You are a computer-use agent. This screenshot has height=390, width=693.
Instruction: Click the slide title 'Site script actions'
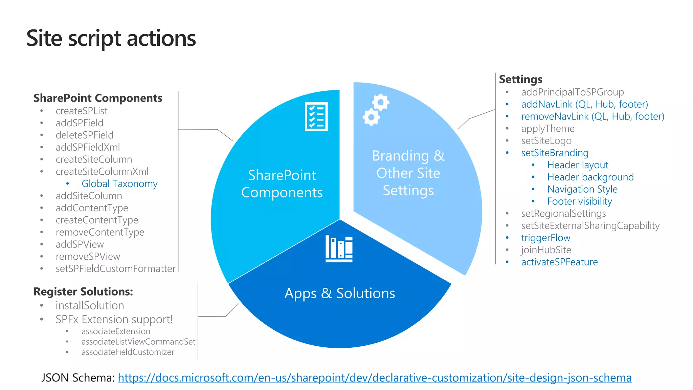point(111,38)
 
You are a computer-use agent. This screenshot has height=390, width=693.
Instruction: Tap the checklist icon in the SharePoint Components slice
point(316,116)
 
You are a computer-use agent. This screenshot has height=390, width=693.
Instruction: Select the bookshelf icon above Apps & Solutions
point(339,249)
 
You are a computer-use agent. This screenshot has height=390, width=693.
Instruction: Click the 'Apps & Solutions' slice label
point(340,293)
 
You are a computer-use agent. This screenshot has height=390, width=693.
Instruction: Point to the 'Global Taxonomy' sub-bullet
point(119,183)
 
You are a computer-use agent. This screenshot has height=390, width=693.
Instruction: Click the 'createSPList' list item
point(82,111)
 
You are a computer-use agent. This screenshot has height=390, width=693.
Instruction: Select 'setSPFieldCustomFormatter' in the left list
point(115,268)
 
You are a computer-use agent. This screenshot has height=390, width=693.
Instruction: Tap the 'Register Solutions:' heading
point(83,291)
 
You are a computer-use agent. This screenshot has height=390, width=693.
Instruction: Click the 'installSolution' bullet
point(90,305)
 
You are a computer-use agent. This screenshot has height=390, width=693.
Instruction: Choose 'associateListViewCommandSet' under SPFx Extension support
point(138,342)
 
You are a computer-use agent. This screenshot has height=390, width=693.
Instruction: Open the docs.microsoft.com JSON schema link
point(375,377)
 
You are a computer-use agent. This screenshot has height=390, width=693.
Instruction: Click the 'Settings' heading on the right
point(520,79)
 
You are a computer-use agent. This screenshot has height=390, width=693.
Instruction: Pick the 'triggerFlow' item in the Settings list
point(545,238)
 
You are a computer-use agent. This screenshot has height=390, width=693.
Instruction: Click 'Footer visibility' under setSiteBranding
point(580,201)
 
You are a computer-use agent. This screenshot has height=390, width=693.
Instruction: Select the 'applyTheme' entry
point(547,129)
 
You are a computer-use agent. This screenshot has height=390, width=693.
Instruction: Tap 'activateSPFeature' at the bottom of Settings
point(559,262)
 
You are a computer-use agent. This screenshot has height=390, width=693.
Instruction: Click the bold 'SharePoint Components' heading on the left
point(98,98)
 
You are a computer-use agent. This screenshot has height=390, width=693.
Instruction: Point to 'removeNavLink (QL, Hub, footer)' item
point(593,116)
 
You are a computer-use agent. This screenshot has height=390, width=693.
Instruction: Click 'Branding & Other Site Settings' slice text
point(408,173)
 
